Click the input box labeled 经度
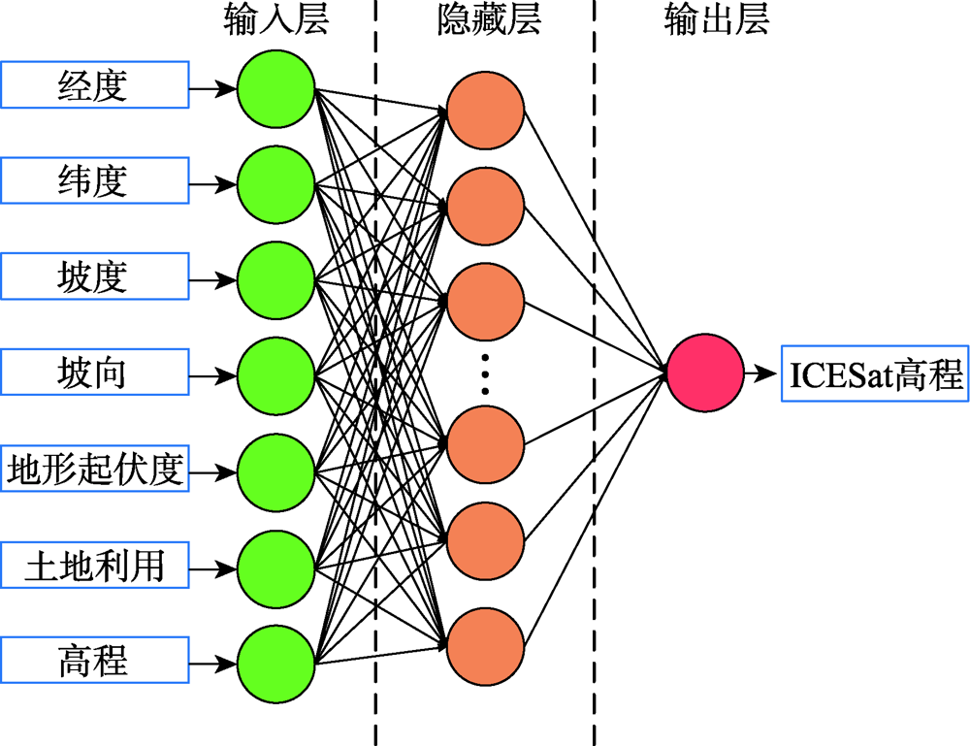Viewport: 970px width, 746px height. (x=95, y=84)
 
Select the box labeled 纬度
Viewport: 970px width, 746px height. (x=95, y=180)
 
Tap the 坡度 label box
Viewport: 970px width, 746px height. (x=95, y=276)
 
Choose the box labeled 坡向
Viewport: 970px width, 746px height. (x=95, y=372)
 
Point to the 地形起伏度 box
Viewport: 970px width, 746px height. (x=95, y=469)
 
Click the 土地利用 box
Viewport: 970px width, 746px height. (x=95, y=565)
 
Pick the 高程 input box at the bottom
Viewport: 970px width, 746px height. (x=95, y=660)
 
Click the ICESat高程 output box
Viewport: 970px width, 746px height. (x=875, y=373)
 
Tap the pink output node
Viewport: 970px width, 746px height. (x=705, y=373)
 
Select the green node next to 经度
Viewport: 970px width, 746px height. (x=275, y=89)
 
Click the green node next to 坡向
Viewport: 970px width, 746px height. (x=275, y=376)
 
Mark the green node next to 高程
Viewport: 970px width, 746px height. (x=275, y=664)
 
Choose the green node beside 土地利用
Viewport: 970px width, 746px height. (x=275, y=568)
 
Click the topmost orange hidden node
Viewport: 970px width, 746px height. (x=486, y=111)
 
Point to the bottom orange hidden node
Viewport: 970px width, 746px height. (x=486, y=646)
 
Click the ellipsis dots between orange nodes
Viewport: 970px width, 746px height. (x=485, y=373)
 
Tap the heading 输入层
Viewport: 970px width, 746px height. (x=275, y=19)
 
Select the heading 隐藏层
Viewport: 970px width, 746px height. (x=489, y=19)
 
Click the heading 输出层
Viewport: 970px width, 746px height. (x=717, y=19)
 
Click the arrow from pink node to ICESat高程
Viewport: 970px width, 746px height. (x=760, y=373)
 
